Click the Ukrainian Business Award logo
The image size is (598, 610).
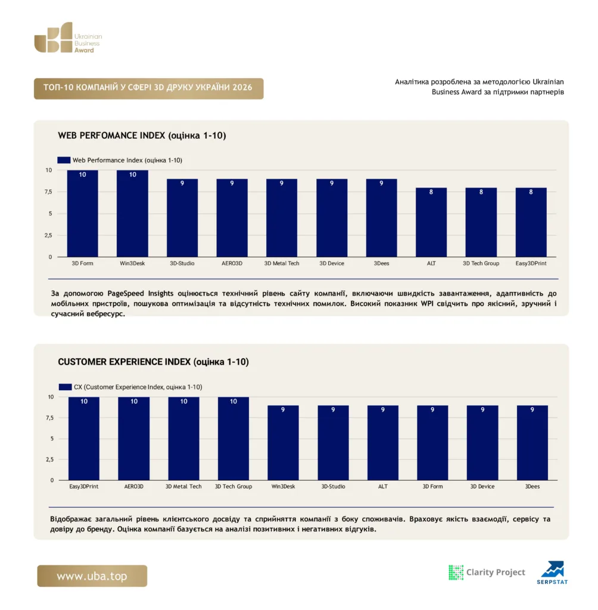68,38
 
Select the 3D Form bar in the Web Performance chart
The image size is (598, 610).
82,214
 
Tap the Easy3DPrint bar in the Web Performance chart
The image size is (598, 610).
531,222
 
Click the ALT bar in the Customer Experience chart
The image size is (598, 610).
383,443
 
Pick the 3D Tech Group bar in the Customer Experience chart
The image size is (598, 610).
233,438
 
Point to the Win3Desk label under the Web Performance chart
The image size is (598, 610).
132,263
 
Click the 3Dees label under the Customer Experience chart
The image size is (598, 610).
532,486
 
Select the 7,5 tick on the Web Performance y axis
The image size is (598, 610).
48,192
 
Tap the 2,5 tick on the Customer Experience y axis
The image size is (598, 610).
50,459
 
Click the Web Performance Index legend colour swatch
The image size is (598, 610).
64,160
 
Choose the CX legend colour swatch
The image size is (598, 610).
66,387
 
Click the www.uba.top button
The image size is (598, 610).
92,576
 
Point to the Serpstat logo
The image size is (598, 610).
553,572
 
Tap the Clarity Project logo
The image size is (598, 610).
487,572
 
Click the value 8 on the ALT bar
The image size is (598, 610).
431,192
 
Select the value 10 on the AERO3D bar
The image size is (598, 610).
134,401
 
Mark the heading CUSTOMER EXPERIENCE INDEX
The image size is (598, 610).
124,362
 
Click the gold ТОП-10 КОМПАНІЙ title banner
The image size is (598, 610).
149,88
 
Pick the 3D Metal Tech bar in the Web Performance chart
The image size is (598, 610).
282,218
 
